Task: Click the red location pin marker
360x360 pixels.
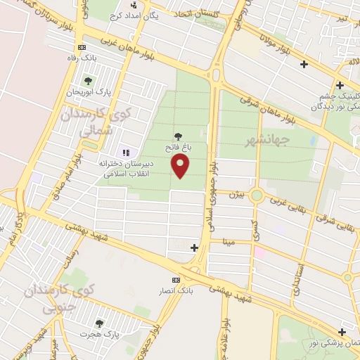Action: [x=181, y=166]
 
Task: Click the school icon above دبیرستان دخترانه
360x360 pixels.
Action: [x=127, y=152]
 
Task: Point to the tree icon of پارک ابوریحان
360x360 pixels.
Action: [x=88, y=82]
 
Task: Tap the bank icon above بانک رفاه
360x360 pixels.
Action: [x=82, y=47]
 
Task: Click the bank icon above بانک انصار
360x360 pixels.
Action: [x=176, y=279]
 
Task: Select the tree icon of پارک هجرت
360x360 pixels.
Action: [x=99, y=324]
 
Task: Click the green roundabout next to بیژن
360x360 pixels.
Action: [x=257, y=195]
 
